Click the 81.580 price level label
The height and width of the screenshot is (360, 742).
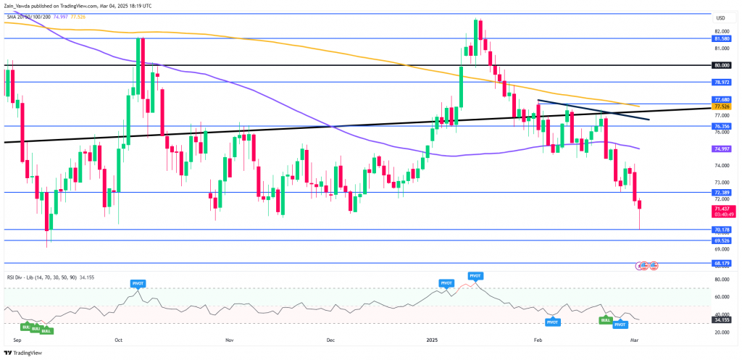click(721, 38)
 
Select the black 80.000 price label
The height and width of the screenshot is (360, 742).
click(721, 64)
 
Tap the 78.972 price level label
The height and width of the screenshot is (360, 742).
click(721, 83)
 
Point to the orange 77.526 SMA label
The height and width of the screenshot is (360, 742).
click(721, 106)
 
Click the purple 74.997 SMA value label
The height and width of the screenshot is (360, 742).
click(721, 148)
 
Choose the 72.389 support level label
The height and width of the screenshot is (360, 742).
click(721, 192)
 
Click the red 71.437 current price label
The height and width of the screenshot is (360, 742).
click(721, 208)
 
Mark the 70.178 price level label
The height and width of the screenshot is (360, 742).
click(721, 229)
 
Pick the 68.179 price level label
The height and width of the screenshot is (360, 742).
click(721, 263)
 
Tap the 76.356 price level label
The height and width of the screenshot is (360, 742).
click(721, 125)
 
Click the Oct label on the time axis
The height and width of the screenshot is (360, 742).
click(119, 339)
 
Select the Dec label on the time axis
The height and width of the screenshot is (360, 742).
click(330, 339)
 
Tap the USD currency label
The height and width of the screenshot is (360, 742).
click(720, 18)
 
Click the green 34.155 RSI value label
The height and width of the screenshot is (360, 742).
click(721, 319)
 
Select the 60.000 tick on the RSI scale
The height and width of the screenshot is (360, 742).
click(721, 296)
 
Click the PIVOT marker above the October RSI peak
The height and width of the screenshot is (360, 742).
click(138, 282)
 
